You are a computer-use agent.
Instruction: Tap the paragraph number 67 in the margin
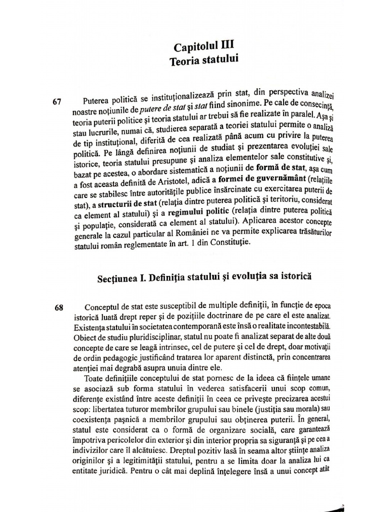point(56,102)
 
